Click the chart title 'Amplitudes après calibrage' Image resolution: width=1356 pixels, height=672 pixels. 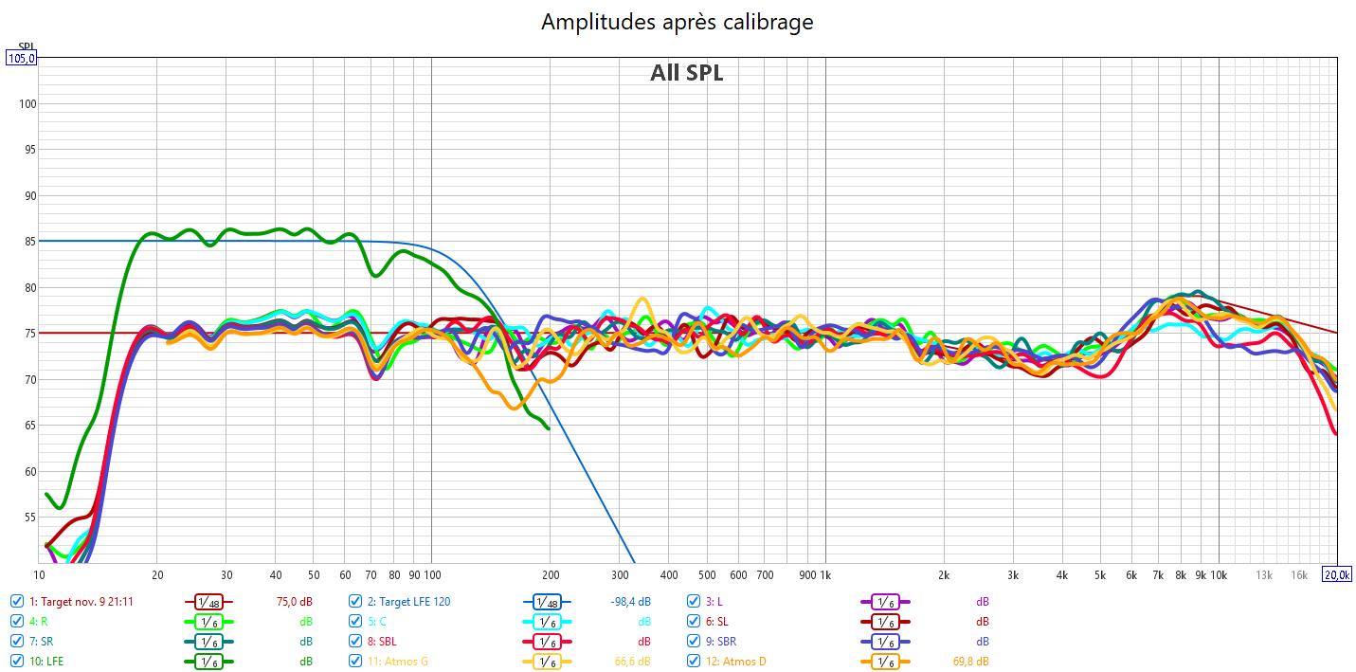coord(677,22)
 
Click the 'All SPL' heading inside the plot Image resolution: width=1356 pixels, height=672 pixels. coord(686,73)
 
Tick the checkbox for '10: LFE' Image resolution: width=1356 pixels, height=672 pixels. coord(17,661)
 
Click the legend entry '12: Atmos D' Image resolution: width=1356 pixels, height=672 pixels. coord(735,661)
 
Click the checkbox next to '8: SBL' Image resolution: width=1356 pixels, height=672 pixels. coord(355,641)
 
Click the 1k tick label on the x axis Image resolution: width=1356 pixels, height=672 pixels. coord(824,575)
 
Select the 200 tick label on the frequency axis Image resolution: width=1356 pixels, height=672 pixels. coord(550,575)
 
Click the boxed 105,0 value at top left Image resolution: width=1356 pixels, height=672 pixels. coord(21,58)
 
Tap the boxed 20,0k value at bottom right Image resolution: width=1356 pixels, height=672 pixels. coord(1337,575)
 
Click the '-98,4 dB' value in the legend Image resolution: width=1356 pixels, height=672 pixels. coord(632,601)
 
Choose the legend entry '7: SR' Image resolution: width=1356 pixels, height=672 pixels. coord(41,641)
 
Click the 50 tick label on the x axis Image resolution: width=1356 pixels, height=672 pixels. coord(314,575)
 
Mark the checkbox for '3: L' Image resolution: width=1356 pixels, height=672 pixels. coord(695,601)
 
